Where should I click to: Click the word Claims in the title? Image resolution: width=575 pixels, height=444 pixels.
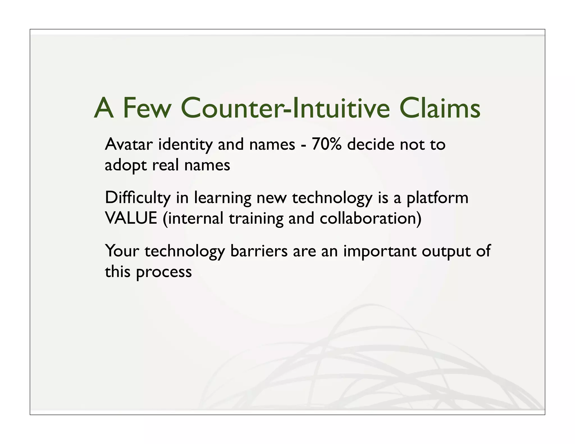point(439,108)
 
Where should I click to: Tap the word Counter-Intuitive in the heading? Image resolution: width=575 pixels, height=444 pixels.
point(285,108)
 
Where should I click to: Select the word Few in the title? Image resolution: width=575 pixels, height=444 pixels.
point(147,108)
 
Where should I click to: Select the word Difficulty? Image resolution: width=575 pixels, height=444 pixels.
point(138,198)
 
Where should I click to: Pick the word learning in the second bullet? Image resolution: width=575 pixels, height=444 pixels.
point(223,198)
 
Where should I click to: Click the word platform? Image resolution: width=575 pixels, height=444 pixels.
point(437,198)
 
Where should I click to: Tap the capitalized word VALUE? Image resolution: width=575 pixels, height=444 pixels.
point(131,218)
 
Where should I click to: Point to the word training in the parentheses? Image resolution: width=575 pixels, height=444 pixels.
point(256,219)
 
